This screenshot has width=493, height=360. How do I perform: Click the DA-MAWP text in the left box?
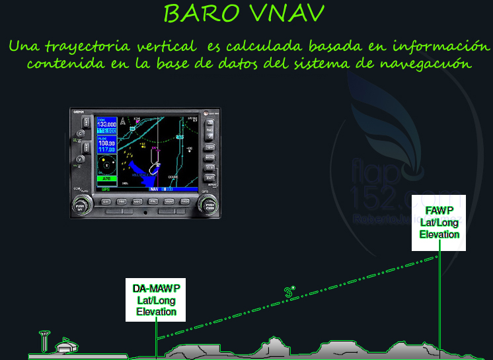click(157, 288)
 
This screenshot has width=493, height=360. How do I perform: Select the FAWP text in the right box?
click(439, 211)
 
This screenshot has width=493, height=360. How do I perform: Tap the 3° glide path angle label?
click(289, 291)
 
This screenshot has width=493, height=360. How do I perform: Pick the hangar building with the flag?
click(65, 345)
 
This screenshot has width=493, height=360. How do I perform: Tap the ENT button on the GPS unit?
click(210, 178)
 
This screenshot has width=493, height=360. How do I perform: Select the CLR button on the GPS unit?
click(210, 168)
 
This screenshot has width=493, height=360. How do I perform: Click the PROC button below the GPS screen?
click(186, 201)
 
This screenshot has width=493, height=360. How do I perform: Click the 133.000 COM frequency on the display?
click(107, 124)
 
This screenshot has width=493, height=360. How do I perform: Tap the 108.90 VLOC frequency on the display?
click(106, 143)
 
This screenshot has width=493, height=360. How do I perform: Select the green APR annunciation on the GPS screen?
click(106, 178)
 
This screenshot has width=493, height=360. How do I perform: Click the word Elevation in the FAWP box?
click(439, 234)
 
